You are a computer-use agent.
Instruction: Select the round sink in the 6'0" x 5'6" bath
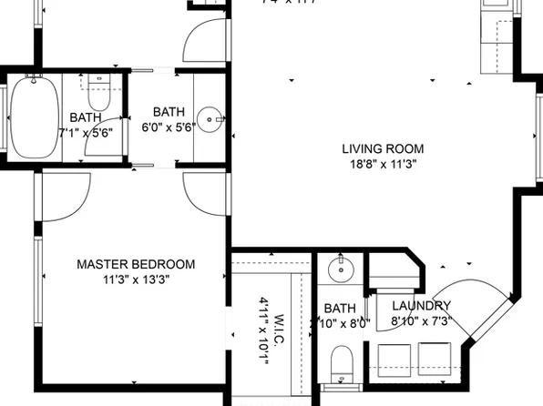[212, 117]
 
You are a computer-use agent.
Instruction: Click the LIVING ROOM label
[383, 148]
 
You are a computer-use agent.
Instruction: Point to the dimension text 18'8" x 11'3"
[383, 165]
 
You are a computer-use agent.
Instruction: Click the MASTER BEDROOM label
[136, 264]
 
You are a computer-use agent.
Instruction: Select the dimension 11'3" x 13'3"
[136, 279]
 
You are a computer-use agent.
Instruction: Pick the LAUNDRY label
[421, 306]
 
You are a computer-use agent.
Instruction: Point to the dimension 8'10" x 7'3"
[421, 321]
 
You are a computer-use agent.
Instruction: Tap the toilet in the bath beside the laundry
[341, 362]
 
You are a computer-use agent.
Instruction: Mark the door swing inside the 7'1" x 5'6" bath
[113, 133]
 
